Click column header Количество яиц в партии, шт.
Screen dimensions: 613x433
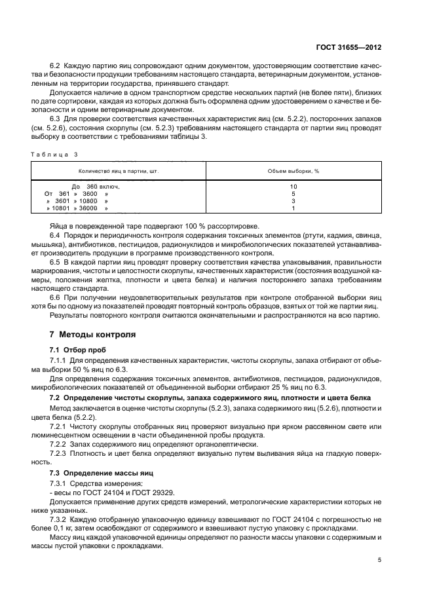pyautogui.click(x=119, y=171)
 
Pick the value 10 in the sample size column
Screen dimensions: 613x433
pyautogui.click(x=293, y=187)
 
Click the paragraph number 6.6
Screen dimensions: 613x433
pyautogui.click(x=56, y=298)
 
